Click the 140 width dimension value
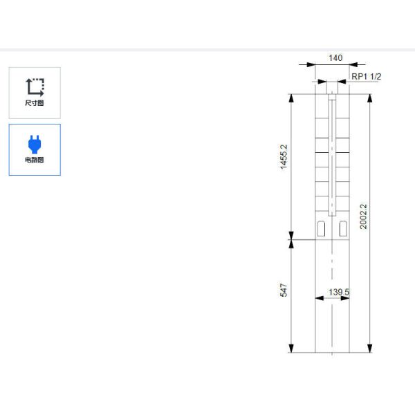click(335, 57)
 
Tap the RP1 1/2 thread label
click(367, 77)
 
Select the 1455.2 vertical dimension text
click(284, 157)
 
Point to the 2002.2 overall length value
click(363, 216)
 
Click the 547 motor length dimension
click(284, 290)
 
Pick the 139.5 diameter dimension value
click(339, 292)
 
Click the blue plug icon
click(35, 145)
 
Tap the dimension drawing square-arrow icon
click(35, 87)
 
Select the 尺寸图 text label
click(35, 103)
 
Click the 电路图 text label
click(35, 160)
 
